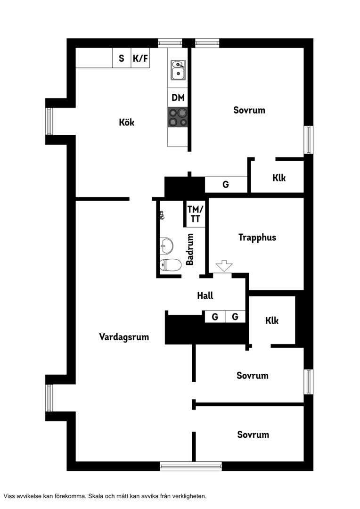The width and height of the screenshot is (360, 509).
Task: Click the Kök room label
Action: [127, 123]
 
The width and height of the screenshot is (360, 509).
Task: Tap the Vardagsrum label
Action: [124, 337]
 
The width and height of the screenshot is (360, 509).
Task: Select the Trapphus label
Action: [257, 238]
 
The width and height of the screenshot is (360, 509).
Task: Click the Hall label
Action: [205, 296]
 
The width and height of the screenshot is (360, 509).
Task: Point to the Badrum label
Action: [190, 249]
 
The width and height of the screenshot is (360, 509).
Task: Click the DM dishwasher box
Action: [178, 98]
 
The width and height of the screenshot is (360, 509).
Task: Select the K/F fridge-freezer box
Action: [140, 58]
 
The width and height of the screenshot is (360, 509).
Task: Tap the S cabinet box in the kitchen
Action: [122, 58]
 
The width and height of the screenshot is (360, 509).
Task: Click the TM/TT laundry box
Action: [196, 214]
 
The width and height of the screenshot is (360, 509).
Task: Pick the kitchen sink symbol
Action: [178, 70]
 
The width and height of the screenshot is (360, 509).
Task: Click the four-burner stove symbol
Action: [178, 117]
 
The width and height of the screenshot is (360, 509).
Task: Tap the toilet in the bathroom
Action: [170, 265]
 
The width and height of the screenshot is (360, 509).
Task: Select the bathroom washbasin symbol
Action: [166, 246]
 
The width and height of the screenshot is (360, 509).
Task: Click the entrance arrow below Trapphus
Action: [224, 265]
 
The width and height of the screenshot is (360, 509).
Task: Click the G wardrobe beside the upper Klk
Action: [226, 185]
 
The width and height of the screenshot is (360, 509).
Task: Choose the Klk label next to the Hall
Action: [272, 320]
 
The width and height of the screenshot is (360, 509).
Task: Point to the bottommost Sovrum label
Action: [253, 435]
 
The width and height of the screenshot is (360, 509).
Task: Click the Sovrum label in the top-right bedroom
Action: [249, 110]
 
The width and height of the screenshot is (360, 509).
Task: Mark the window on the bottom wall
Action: [191, 467]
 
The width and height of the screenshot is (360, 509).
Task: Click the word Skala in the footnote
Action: [96, 496]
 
